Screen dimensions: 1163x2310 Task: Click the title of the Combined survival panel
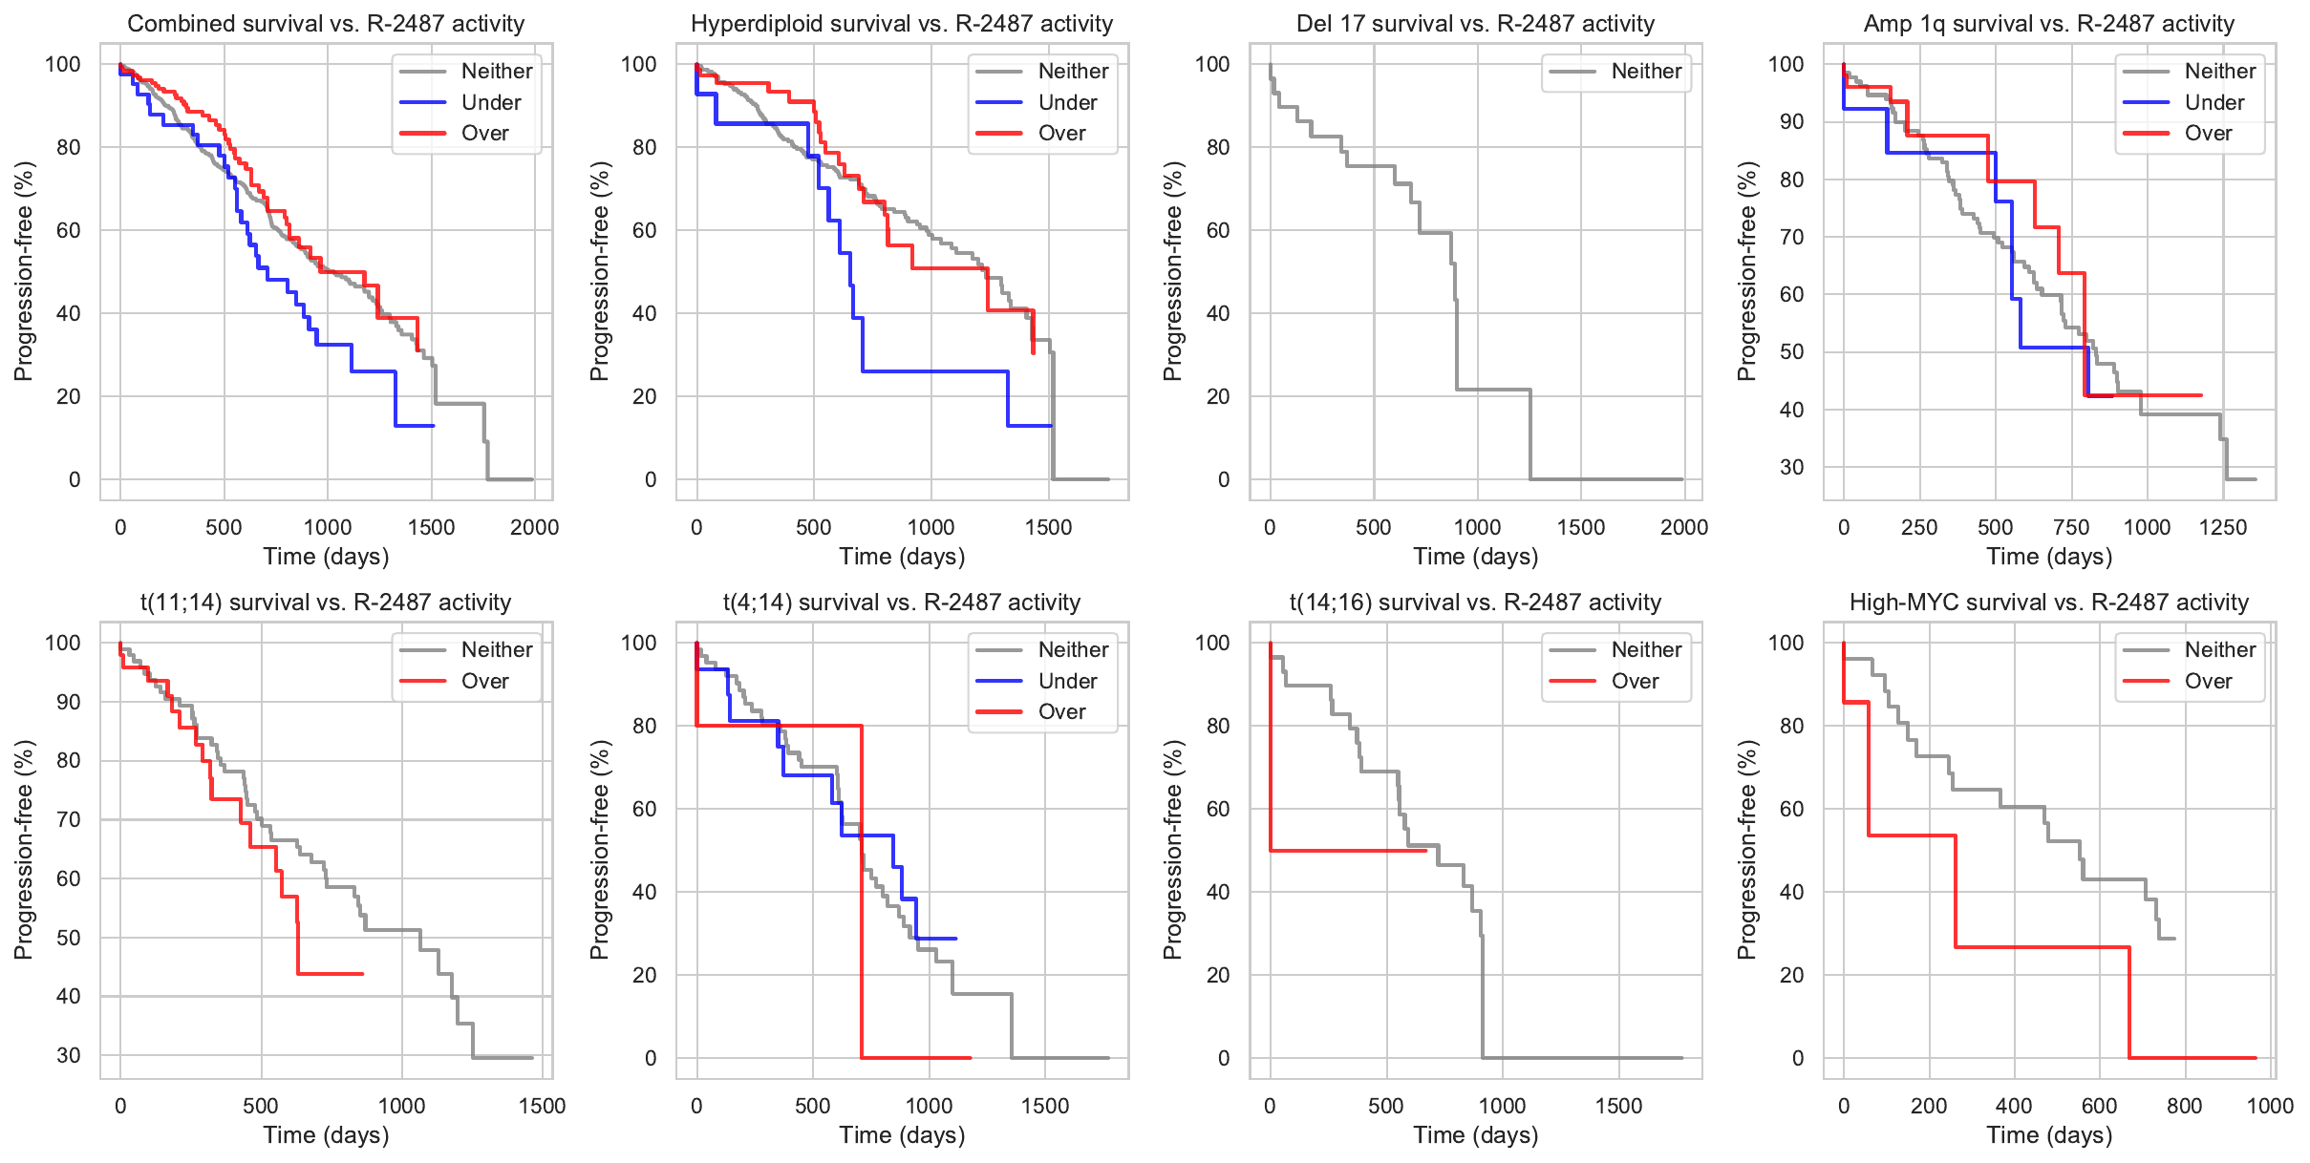click(x=326, y=24)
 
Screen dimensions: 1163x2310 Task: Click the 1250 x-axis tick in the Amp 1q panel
click(x=2223, y=527)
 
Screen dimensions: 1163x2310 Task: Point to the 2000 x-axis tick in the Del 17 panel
click(x=1684, y=527)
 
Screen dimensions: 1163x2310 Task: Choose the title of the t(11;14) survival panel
click(x=326, y=603)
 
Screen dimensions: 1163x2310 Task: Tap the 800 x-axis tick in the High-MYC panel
click(x=2185, y=1106)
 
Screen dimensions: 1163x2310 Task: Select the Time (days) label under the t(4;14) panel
click(x=902, y=1135)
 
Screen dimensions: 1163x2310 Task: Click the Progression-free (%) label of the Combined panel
click(x=24, y=271)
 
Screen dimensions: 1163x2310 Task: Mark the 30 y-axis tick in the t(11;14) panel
click(x=69, y=1055)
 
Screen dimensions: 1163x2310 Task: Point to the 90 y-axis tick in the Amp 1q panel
click(x=1791, y=122)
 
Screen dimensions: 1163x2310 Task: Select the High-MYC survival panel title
click(x=2049, y=603)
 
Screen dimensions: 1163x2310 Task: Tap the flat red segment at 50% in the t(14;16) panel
click(x=1347, y=850)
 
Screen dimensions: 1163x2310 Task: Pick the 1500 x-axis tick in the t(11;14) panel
click(x=543, y=1106)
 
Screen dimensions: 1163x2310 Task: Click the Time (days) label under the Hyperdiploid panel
click(x=902, y=557)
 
